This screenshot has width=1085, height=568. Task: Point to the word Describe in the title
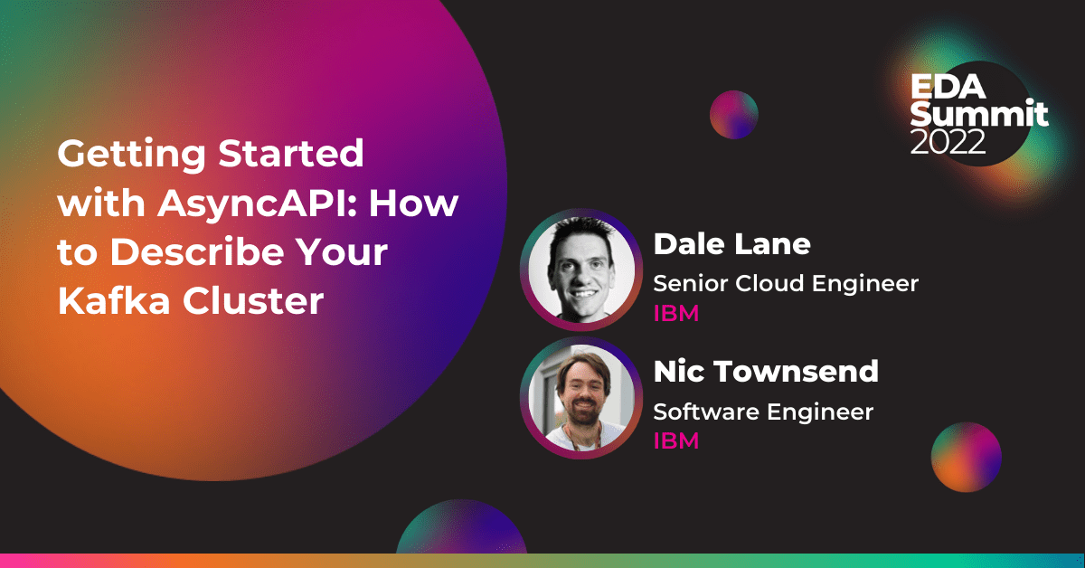coord(197,251)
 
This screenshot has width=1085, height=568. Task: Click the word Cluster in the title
coord(253,300)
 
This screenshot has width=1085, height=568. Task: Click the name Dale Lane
coord(731,244)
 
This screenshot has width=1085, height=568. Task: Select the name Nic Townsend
coord(766,372)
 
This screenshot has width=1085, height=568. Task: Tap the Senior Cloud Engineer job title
coord(786,283)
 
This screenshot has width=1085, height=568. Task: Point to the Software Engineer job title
coord(763,412)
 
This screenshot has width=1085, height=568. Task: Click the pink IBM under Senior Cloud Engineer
coord(676,314)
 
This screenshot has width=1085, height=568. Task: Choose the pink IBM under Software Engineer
coord(676,441)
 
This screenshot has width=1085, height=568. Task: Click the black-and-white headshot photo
coord(581,270)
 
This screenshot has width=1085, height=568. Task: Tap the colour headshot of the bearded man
coord(581,398)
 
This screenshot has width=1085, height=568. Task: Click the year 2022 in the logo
coord(948,141)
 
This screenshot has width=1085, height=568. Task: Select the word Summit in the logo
coord(979,114)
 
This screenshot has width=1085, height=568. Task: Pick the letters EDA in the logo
coord(948,86)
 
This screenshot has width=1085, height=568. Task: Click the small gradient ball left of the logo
coord(734,115)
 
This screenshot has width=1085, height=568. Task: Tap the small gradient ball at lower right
coord(967,457)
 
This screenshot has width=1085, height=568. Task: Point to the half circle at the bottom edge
coord(461,528)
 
